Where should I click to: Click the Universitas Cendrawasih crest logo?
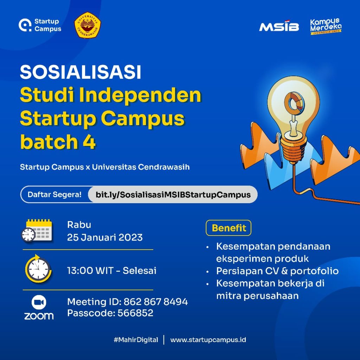coord(88,25)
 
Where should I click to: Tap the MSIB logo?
coord(279,27)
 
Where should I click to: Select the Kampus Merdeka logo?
coord(326,26)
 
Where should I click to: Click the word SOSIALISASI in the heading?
coord(81,72)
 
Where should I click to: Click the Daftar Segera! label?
coord(54,194)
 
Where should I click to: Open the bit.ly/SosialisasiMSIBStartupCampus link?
coord(173,195)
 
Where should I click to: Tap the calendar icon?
coord(37,231)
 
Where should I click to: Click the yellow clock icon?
coord(38,269)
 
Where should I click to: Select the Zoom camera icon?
coord(39,302)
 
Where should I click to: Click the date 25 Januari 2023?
coord(105,237)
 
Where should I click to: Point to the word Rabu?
coord(79,225)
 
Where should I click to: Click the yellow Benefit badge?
coord(229,228)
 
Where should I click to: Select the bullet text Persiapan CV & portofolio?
coord(277,271)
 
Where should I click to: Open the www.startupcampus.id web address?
coord(208,340)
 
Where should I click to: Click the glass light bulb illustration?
coord(293,105)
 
